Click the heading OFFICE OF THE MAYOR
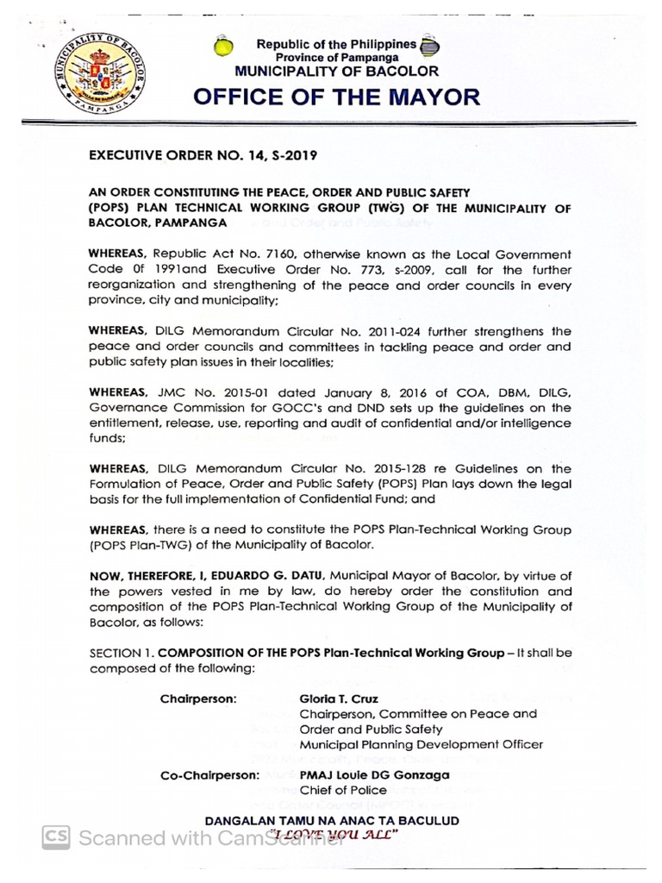pyautogui.click(x=336, y=97)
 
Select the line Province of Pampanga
pyautogui.click(x=336, y=57)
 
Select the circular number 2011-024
pyautogui.click(x=404, y=331)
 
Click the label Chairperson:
pyautogui.click(x=198, y=698)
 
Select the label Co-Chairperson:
pyautogui.click(x=209, y=775)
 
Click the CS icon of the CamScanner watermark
pyautogui.click(x=57, y=837)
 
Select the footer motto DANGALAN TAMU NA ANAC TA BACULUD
pyautogui.click(x=331, y=820)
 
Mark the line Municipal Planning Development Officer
pyautogui.click(x=421, y=744)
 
